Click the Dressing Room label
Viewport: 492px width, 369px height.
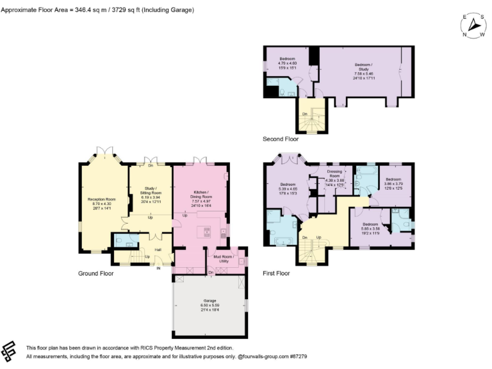pyautogui.click(x=334, y=173)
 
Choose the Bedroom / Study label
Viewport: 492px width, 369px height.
pyautogui.click(x=363, y=65)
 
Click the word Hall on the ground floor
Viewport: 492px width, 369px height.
pyautogui.click(x=157, y=249)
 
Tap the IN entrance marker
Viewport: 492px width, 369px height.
pyautogui.click(x=158, y=268)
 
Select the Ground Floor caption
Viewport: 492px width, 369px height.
pyautogui.click(x=96, y=274)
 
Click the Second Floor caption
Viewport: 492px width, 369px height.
pyautogui.click(x=281, y=139)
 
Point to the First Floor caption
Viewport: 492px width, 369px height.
pyautogui.click(x=276, y=274)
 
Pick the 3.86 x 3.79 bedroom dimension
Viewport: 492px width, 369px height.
pyautogui.click(x=393, y=183)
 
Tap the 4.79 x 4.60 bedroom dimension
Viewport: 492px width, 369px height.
pyautogui.click(x=287, y=63)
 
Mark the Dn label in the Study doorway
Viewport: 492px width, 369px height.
pyautogui.click(x=151, y=165)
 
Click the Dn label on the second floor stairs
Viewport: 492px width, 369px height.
pyautogui.click(x=304, y=113)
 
